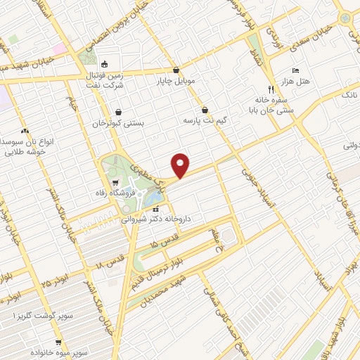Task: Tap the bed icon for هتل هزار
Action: point(295,71)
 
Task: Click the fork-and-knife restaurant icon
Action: point(271,89)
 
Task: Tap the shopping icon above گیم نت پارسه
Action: point(204,110)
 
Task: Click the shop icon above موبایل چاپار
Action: point(175,70)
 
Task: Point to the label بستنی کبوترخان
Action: point(119,123)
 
